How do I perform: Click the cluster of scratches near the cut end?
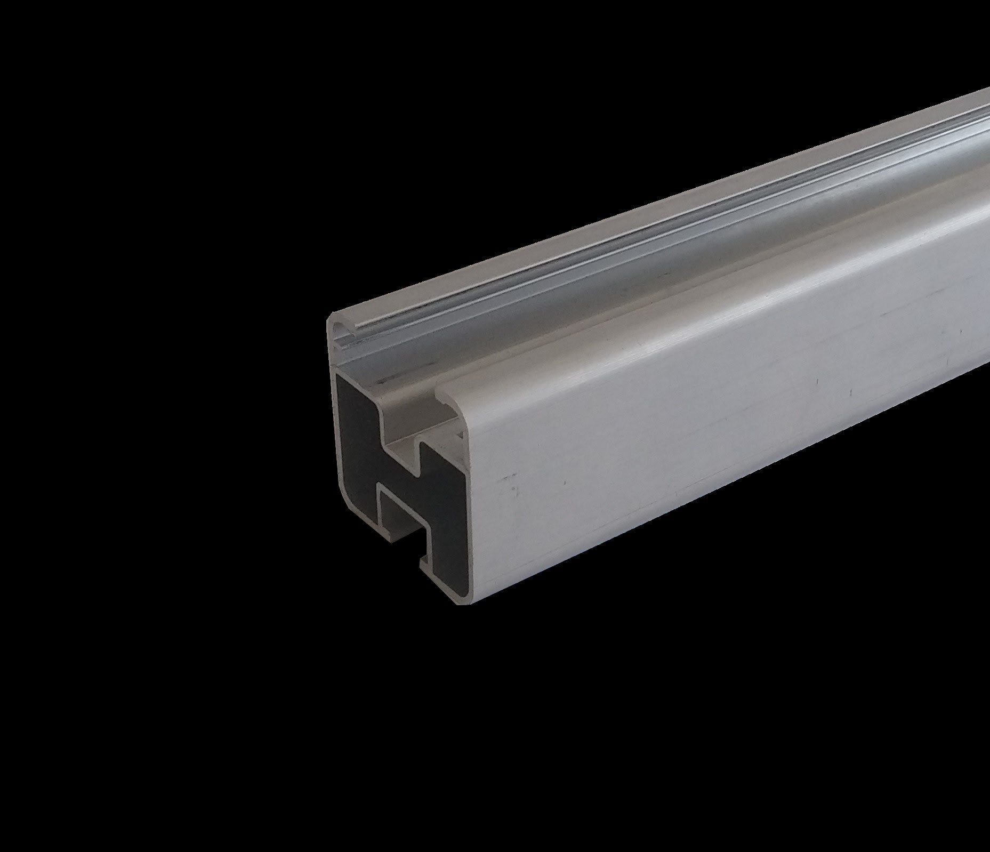tap(512, 485)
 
